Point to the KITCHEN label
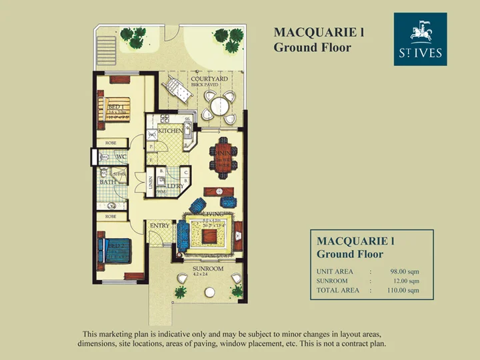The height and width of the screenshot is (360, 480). point(170,131)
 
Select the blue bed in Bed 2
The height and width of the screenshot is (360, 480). point(113,253)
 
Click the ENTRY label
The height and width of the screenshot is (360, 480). point(160,226)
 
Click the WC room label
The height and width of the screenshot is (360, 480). point(121,157)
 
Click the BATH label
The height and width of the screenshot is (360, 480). point(106,181)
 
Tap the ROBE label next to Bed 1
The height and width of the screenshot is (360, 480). point(111,143)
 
